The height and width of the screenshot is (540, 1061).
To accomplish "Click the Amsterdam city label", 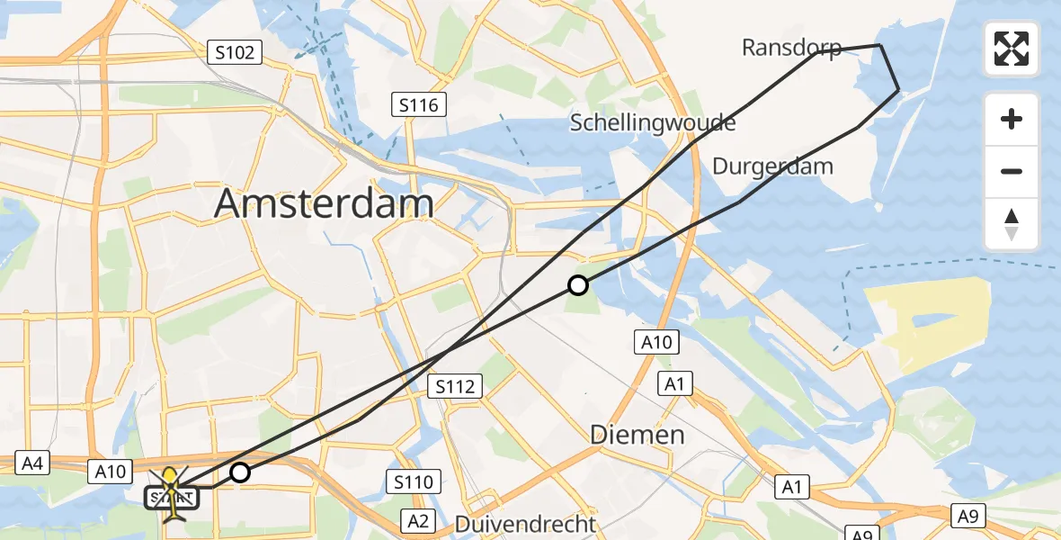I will tap(324, 204).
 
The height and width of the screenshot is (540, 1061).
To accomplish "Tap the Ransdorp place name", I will tap(791, 48).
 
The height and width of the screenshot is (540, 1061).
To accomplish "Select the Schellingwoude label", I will tap(653, 122).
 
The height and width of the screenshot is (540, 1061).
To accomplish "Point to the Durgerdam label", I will tap(772, 166).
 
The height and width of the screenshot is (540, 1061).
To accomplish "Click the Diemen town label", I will tap(637, 436).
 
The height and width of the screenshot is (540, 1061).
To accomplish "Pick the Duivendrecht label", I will tap(525, 524).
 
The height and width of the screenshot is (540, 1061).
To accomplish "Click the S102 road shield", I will tap(235, 52).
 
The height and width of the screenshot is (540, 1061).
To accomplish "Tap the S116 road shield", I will tap(420, 105).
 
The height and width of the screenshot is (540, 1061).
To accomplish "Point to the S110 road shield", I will tap(413, 481).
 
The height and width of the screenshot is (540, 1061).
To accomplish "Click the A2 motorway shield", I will tap(418, 520).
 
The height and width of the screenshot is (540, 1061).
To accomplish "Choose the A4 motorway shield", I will tap(33, 464).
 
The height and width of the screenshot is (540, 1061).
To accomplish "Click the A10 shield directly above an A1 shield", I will tap(655, 342).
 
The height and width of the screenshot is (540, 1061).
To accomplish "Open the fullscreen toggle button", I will tap(1012, 49).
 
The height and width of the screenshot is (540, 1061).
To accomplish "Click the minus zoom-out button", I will tap(1012, 171).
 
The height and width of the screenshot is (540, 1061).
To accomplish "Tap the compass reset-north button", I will tap(1012, 224).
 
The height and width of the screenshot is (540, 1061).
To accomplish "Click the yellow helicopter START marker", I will tap(171, 489).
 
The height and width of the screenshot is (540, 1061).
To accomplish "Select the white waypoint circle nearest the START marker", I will tap(240, 472).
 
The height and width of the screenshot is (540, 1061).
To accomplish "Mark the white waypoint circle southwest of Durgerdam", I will tap(578, 285).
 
